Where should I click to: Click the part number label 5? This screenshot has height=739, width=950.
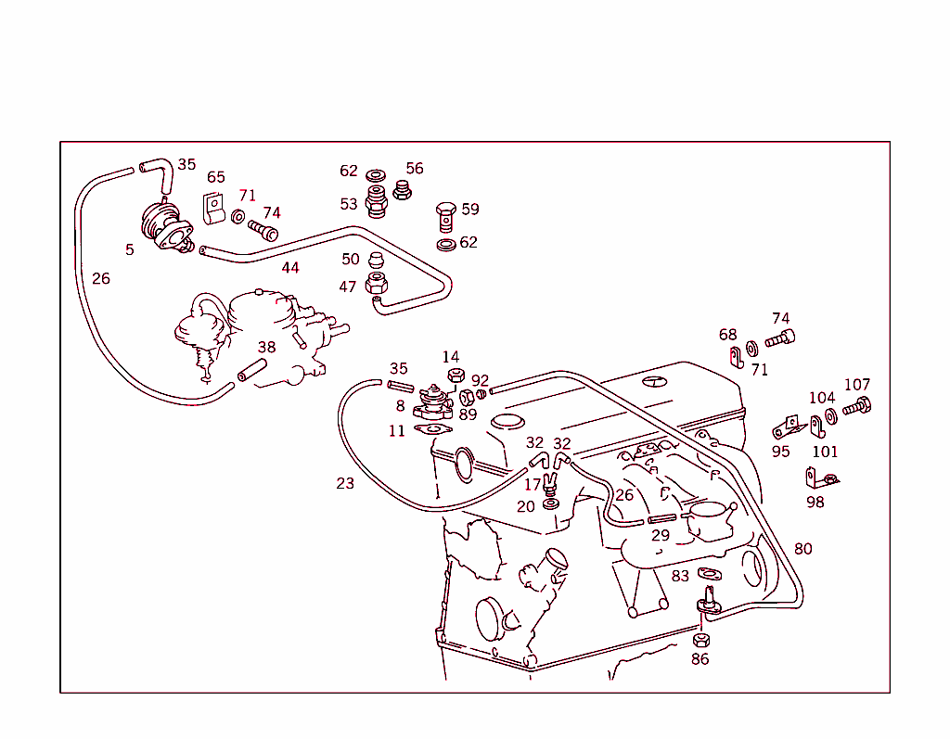130,249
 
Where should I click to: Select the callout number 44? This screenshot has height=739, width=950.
290,268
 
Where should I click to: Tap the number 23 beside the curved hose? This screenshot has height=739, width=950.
345,483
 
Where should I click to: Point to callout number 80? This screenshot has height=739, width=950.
802,549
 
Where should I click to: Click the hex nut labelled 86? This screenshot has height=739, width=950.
701,640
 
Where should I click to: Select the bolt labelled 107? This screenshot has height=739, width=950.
854,405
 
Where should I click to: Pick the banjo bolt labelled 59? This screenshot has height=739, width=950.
445,218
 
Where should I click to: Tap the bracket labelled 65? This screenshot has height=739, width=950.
214,209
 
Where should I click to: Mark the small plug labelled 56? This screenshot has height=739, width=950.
402,190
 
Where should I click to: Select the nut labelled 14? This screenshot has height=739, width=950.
455,376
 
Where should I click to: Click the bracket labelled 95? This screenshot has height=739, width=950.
786,427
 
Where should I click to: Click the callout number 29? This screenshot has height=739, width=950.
660,535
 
